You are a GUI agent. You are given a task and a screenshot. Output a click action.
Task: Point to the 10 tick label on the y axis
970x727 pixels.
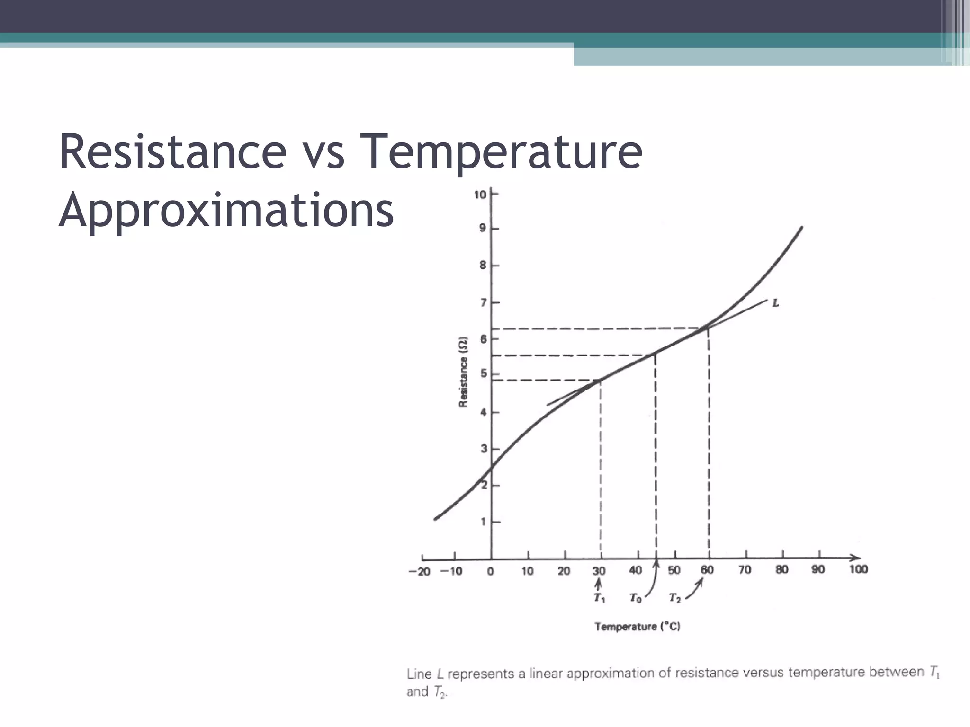479,195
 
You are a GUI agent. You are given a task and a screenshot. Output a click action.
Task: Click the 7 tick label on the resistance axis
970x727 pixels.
483,302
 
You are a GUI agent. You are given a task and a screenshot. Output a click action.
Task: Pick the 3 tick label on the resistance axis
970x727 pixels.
484,449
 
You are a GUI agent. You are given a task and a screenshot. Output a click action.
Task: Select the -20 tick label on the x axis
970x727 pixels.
419,572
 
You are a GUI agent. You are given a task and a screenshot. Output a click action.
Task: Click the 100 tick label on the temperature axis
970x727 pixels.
858,569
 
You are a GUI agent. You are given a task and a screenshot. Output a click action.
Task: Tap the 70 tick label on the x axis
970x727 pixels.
745,570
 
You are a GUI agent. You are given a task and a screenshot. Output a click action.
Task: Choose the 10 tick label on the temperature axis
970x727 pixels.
527,571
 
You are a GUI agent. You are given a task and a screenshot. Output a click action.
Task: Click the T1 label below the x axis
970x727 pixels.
599,598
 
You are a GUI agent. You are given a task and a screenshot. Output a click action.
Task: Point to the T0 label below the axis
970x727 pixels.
635,599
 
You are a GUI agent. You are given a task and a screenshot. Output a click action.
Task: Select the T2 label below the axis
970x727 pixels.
674,598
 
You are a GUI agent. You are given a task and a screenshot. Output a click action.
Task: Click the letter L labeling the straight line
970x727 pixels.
775,303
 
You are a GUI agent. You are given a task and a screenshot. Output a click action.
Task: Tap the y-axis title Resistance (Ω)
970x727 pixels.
463,372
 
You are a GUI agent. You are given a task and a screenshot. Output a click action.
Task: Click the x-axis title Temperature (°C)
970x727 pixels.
637,627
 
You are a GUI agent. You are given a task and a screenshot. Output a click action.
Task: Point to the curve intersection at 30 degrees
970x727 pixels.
601,380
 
